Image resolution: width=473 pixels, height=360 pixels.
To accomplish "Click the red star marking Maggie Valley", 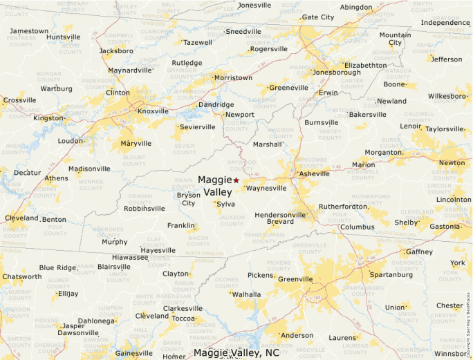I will pos(236,180).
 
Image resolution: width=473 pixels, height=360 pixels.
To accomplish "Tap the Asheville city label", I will pos(314,174).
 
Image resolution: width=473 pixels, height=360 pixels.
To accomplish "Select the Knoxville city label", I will pos(153,111).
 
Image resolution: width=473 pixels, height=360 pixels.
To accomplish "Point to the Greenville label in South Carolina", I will pos(295,279).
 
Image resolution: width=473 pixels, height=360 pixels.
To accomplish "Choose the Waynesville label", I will pos(266,188).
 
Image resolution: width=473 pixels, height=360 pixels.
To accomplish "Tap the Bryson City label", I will pos(188,199).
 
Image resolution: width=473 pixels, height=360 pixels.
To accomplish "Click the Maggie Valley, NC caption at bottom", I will pos(236,353).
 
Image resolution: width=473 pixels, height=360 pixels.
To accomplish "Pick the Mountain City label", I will pos(395,39).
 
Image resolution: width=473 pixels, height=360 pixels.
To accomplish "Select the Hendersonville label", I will pos(280,214).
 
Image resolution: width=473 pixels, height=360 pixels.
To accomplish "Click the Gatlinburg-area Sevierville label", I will pos(197,128).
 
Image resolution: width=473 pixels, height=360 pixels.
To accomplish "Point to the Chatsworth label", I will pos(21,277).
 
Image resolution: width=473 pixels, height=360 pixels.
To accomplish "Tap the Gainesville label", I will pos(133,353).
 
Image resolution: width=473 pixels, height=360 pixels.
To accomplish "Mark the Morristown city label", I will pos(234,78).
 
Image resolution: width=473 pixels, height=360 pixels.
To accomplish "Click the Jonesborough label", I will pos(337,72).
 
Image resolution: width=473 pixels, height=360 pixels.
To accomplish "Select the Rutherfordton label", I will pos(343,207).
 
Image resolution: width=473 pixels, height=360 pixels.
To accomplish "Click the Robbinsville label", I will pos(145,208).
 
